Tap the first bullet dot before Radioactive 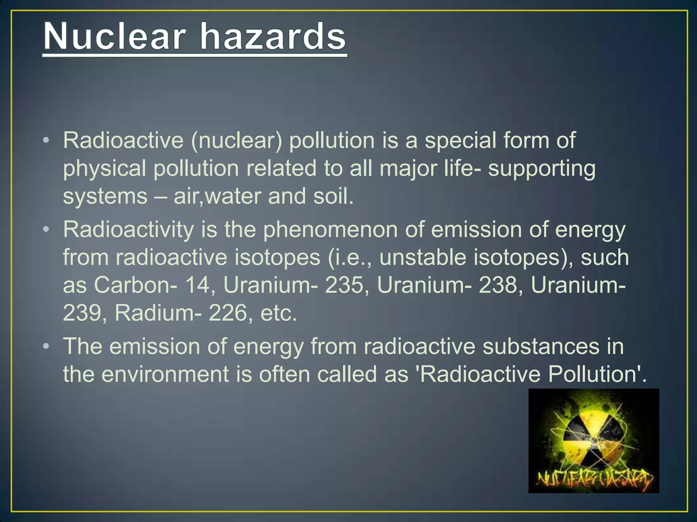click(47, 140)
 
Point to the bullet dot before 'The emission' click(47, 346)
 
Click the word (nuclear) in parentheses click(237, 141)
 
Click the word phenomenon click(330, 230)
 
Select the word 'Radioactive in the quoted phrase click(479, 375)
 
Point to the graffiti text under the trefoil click(594, 479)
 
